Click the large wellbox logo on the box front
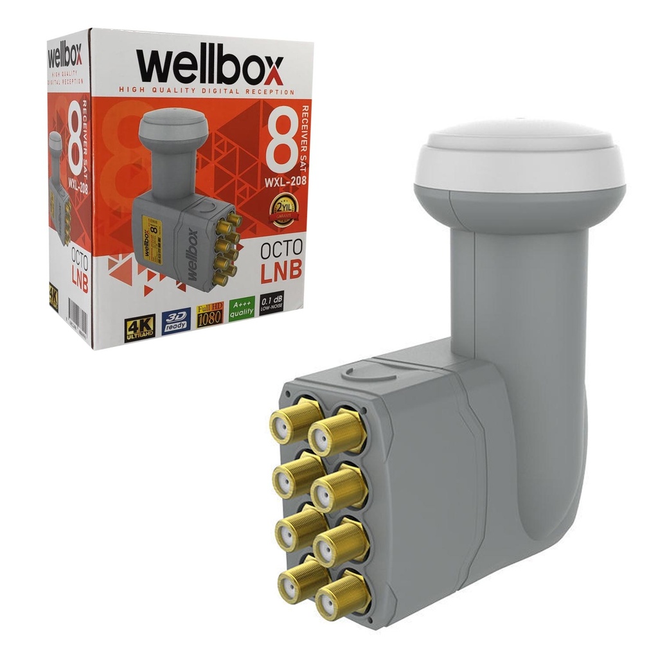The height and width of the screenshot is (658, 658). pos(209,67)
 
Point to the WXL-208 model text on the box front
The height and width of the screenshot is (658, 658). pos(285,182)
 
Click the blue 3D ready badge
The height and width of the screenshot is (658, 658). pos(175,319)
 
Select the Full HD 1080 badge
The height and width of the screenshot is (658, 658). pos(209,314)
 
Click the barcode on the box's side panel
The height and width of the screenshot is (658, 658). pos(78,319)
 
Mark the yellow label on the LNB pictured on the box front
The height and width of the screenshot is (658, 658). pos(152,235)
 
